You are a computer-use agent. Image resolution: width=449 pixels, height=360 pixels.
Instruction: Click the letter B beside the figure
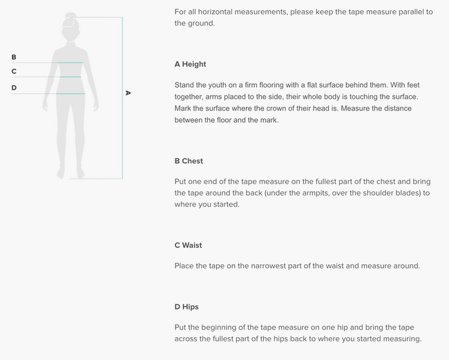point(14,57)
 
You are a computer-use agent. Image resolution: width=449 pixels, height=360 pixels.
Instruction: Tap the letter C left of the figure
point(14,71)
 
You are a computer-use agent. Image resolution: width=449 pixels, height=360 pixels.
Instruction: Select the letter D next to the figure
point(14,88)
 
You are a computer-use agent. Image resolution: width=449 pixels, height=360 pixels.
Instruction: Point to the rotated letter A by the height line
point(128,93)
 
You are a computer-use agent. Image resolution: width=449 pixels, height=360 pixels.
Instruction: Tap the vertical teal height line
point(122,97)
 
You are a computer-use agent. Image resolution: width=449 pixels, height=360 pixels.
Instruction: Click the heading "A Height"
point(190,64)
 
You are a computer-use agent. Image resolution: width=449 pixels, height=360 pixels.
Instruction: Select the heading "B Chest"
point(189,161)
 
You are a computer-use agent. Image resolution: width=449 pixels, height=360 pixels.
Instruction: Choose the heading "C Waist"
point(188,245)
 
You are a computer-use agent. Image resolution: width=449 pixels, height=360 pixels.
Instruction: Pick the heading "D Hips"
point(187,306)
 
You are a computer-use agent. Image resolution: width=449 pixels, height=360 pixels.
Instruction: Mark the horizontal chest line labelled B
point(48,63)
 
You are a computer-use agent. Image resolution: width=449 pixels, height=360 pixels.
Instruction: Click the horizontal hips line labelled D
point(48,93)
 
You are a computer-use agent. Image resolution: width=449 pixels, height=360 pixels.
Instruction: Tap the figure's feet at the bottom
point(70,175)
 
